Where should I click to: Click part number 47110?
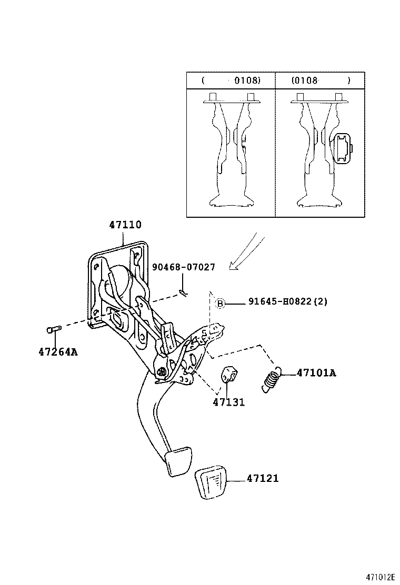point(125,225)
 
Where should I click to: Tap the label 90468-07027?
point(184,267)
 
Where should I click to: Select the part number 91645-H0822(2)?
point(288,302)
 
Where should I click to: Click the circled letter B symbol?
point(220,303)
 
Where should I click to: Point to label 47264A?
point(57,351)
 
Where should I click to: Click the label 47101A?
point(316,373)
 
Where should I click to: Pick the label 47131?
point(229,402)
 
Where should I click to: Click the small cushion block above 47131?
point(228,375)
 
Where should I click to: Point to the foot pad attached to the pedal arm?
point(176,461)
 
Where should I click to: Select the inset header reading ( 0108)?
point(231,80)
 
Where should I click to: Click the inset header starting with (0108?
point(321,80)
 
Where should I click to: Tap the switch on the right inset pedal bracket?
point(343,149)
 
